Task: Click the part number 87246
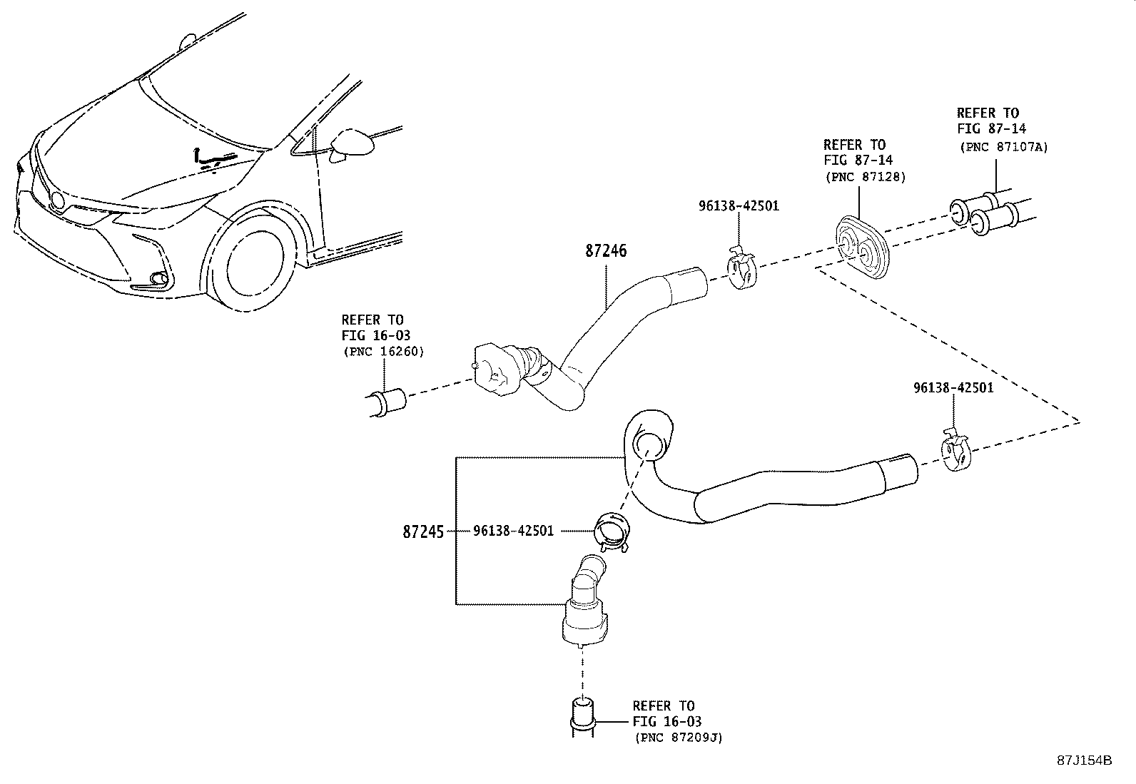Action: point(606,251)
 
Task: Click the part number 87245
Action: point(423,531)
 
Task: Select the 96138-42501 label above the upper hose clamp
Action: point(739,206)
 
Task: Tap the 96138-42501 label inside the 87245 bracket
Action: point(512,531)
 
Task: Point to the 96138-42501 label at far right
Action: point(953,388)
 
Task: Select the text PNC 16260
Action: point(383,351)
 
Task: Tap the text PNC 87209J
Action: point(679,738)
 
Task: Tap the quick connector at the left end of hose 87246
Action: point(508,367)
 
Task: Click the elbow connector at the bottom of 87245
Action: point(585,603)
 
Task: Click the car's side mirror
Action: point(352,143)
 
